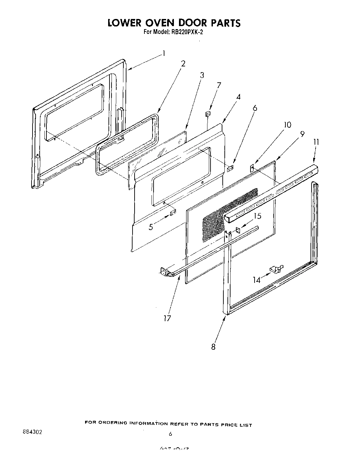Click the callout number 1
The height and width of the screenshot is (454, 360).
click(164, 53)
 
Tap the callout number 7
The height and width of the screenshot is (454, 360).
click(219, 85)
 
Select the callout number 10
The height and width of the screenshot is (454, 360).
click(287, 125)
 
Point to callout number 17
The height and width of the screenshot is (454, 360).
click(167, 318)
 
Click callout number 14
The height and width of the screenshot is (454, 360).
click(257, 280)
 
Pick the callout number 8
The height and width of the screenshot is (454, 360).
click(213, 347)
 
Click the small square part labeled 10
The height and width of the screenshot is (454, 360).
click(252, 167)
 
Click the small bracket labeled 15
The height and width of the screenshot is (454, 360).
click(238, 230)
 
